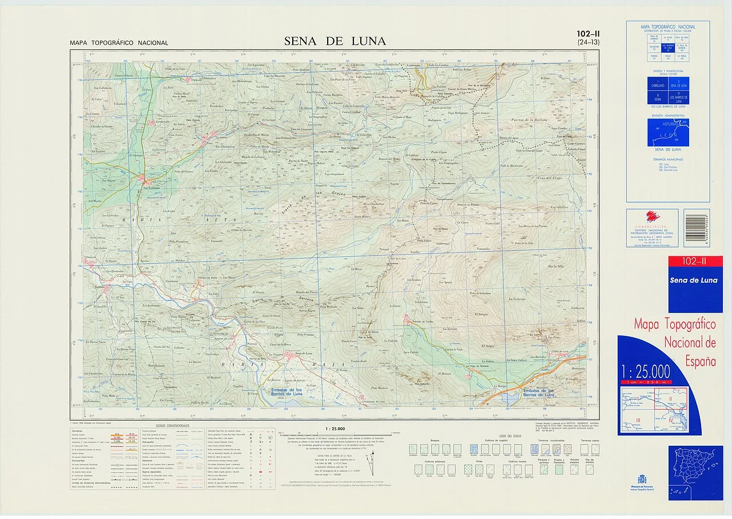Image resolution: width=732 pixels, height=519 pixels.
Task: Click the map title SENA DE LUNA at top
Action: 335,41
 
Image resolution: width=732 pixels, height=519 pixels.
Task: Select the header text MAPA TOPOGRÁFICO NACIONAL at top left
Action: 119,43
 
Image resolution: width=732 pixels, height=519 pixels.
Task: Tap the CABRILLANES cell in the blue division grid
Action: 657,85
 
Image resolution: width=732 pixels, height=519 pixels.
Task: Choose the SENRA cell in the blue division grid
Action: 657,98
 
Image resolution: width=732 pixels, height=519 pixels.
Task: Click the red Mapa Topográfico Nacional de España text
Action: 675,342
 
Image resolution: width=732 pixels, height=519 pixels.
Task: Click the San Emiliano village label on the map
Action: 150,188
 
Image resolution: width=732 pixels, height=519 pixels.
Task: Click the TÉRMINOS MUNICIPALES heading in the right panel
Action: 667,160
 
